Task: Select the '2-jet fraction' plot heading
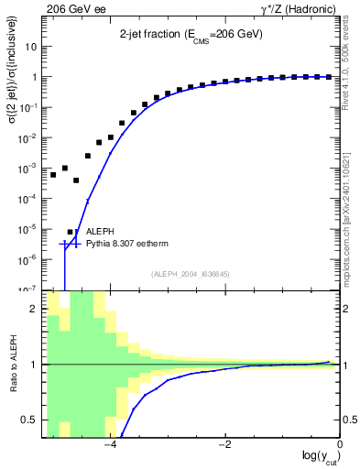[x=191, y=34]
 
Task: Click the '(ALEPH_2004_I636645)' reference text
[x=190, y=273]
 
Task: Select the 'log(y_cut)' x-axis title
[x=318, y=458]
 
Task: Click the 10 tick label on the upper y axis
[x=31, y=47]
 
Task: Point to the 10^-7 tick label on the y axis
[x=28, y=289]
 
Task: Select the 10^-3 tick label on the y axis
[x=28, y=168]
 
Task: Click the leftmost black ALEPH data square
[x=53, y=174]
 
